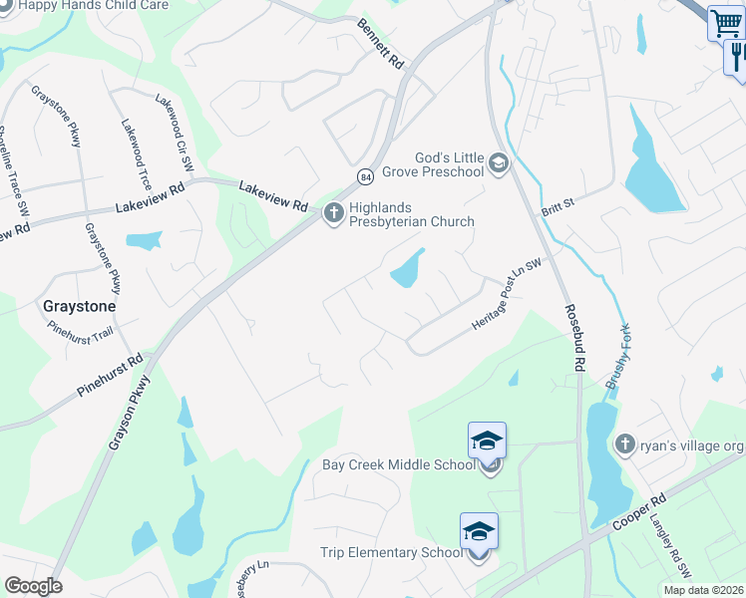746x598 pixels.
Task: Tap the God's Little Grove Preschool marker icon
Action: (499, 162)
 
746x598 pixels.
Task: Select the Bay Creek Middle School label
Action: (399, 464)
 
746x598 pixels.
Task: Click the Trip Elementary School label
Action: (392, 553)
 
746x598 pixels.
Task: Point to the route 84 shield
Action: (366, 176)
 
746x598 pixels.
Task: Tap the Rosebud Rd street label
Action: (573, 338)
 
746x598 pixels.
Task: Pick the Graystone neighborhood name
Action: (79, 307)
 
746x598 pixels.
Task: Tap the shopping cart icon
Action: (726, 23)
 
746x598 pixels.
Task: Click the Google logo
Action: (33, 586)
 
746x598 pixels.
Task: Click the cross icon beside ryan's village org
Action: (625, 444)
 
